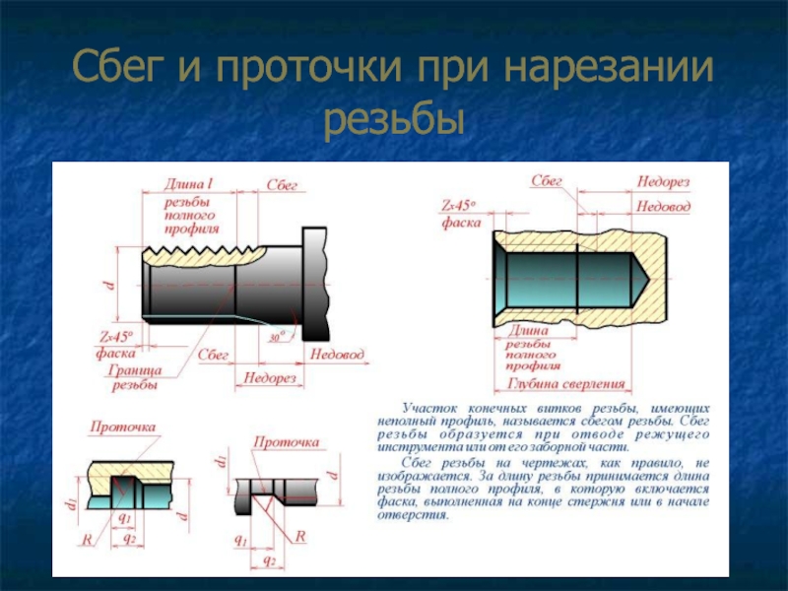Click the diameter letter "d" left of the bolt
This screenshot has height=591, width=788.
click(x=108, y=286)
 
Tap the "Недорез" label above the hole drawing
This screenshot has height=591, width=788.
click(x=663, y=182)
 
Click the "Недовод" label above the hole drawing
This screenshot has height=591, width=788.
click(x=663, y=207)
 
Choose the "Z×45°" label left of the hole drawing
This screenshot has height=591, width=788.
click(x=459, y=206)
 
